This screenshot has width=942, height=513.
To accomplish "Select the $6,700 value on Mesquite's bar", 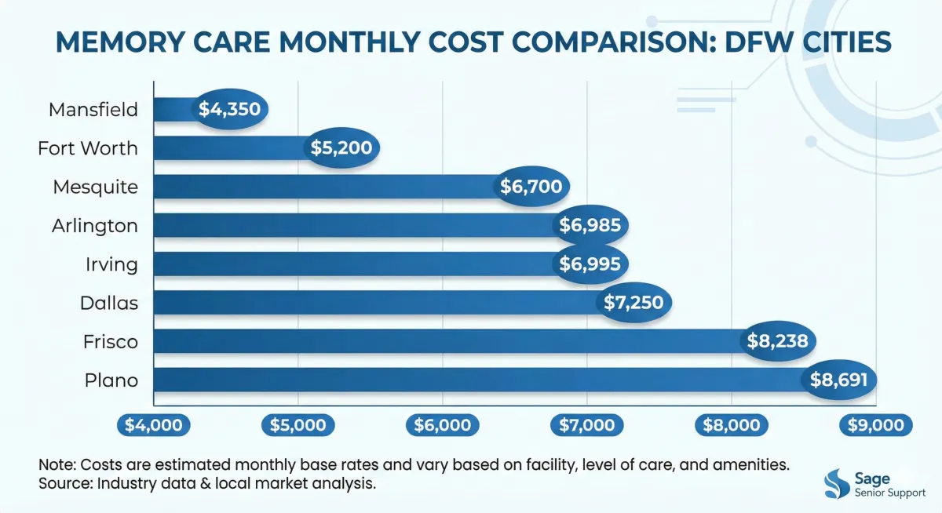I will click(534, 187).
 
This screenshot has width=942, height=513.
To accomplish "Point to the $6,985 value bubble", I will click(590, 226).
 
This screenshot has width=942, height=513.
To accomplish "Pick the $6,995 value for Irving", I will click(590, 264).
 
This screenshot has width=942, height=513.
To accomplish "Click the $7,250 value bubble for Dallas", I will click(636, 303).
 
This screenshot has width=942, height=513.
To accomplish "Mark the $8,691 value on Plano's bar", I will click(838, 380).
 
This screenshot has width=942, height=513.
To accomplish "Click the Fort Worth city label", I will click(88, 148).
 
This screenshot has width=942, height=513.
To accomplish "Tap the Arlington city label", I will click(95, 226).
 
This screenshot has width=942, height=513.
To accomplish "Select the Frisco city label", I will click(111, 341).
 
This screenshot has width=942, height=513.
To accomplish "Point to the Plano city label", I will click(111, 380).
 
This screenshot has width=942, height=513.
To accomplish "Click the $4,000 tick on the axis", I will click(154, 424).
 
